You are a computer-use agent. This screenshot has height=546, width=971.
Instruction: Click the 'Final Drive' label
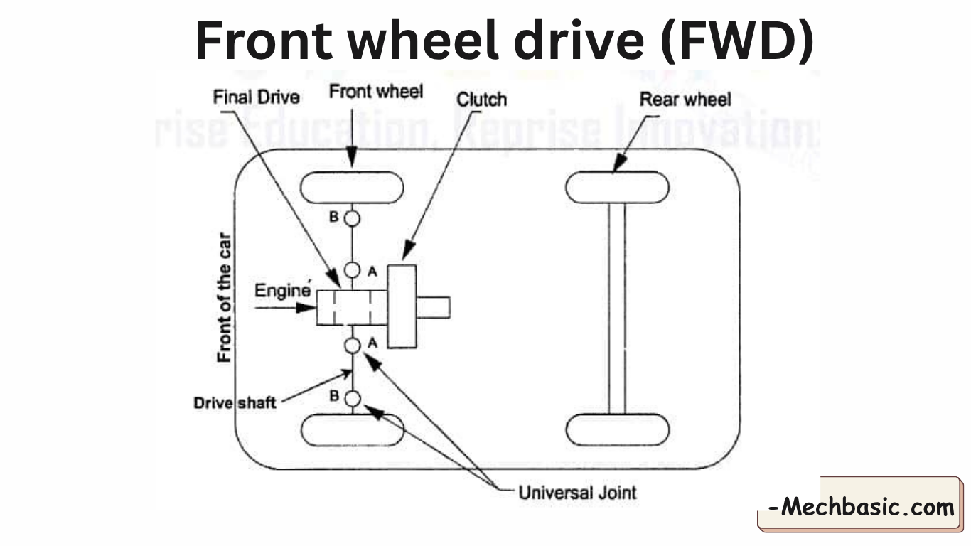tap(256, 97)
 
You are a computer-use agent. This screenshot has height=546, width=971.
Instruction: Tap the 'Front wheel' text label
tap(376, 91)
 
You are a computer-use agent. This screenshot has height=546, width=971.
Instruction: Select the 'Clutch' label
tap(481, 100)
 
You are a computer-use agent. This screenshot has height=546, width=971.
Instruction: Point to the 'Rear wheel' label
tap(685, 100)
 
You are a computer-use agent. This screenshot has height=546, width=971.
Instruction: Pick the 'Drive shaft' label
tap(235, 403)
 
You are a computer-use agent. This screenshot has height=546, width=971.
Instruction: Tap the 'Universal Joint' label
tap(577, 492)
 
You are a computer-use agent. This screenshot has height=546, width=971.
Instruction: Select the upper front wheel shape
tap(352, 188)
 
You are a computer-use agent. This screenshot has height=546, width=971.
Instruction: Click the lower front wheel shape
tap(353, 430)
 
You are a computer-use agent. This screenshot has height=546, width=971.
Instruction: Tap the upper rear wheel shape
tap(617, 188)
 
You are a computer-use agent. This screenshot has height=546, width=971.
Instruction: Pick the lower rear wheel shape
tap(617, 430)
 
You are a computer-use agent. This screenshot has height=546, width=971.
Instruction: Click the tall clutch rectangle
tap(402, 305)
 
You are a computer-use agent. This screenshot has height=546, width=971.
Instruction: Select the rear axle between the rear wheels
tap(617, 309)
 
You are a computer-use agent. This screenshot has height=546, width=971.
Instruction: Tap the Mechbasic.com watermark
tap(862, 508)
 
